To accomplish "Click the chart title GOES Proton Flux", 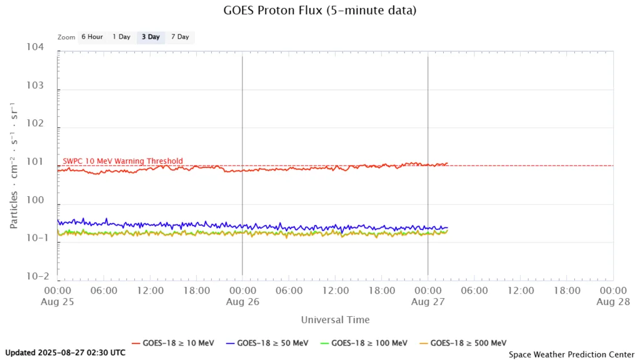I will coord(319,11).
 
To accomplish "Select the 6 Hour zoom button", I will coord(92,37).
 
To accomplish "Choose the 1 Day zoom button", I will coord(121,37).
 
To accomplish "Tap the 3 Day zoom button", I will coord(151,37).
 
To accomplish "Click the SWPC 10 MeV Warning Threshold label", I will coord(123,161).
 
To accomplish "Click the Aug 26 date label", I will coord(242,301).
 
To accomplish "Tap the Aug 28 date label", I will coord(612,301).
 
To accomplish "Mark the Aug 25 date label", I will coord(57,301).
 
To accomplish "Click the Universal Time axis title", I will coord(335,320).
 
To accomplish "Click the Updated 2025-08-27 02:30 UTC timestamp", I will coord(65,352).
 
